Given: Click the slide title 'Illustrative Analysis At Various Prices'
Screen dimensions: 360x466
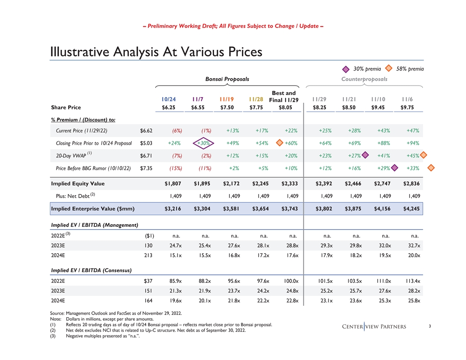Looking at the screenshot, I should (156, 52).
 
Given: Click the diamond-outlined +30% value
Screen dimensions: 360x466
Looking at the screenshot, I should (203, 143).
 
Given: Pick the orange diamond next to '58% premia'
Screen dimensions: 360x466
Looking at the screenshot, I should (389, 68).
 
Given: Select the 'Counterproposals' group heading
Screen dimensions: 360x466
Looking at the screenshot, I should (364, 79).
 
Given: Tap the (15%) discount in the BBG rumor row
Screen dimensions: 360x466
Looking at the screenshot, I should (176, 168).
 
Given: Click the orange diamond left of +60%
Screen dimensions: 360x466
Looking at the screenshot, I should (279, 142).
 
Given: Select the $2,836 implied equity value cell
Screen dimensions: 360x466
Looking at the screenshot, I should (410, 184).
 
